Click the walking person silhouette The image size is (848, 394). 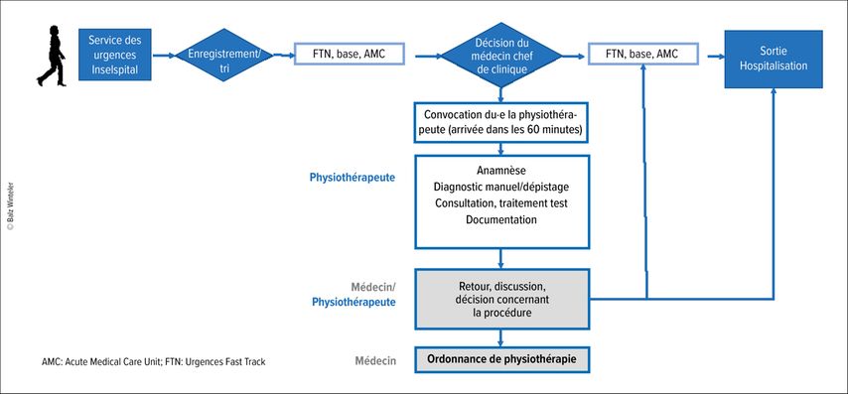pyautogui.click(x=52, y=56)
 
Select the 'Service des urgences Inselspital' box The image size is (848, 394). pyautogui.click(x=114, y=55)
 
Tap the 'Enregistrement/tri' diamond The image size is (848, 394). pyautogui.click(x=223, y=55)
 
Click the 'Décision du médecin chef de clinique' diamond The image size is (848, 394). pyautogui.click(x=501, y=56)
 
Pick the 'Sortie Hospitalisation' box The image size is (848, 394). pyautogui.click(x=774, y=59)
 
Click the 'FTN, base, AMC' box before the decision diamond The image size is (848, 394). pyautogui.click(x=350, y=54)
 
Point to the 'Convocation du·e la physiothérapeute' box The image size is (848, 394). pyautogui.click(x=501, y=123)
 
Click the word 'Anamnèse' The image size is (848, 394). pyautogui.click(x=501, y=171)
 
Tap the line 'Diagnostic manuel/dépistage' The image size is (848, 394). pyautogui.click(x=501, y=187)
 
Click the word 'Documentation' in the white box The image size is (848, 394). pyautogui.click(x=501, y=220)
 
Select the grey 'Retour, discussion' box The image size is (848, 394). pyautogui.click(x=501, y=299)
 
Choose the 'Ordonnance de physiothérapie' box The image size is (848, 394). pyautogui.click(x=501, y=359)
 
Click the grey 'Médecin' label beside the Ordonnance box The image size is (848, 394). pyautogui.click(x=375, y=360)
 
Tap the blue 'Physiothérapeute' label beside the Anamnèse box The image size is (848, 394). pyautogui.click(x=353, y=178)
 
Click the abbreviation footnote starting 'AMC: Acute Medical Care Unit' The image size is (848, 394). pyautogui.click(x=154, y=362)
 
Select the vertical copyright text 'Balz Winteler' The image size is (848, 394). pyautogui.click(x=10, y=207)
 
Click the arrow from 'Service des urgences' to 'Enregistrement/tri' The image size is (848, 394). pyautogui.click(x=164, y=55)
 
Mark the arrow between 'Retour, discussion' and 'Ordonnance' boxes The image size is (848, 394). pyautogui.click(x=500, y=338)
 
